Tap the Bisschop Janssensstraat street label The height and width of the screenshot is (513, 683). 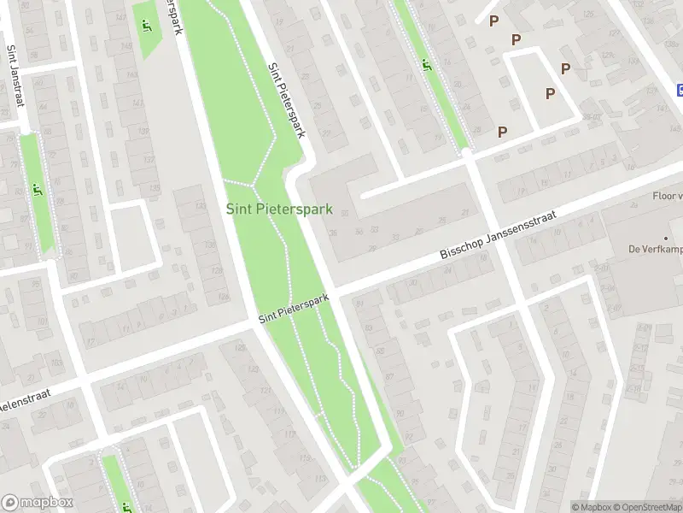[x=498, y=236]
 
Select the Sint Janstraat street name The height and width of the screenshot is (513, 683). [x=15, y=76]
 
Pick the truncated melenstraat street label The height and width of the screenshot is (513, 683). [x=26, y=399]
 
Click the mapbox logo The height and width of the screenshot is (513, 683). [x=38, y=503]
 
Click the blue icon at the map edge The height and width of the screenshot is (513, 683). [x=679, y=89]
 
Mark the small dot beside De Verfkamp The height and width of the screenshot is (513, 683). [x=665, y=237]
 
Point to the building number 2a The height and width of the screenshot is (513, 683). [x=634, y=205]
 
